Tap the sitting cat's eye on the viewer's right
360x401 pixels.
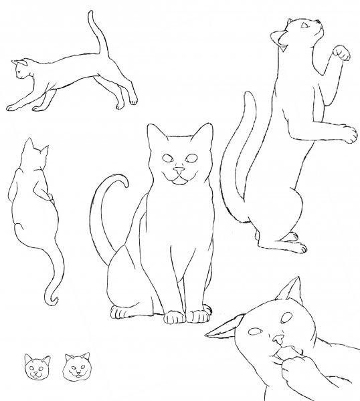click(x=193, y=158)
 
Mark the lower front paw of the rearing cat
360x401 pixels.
click(x=348, y=133)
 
